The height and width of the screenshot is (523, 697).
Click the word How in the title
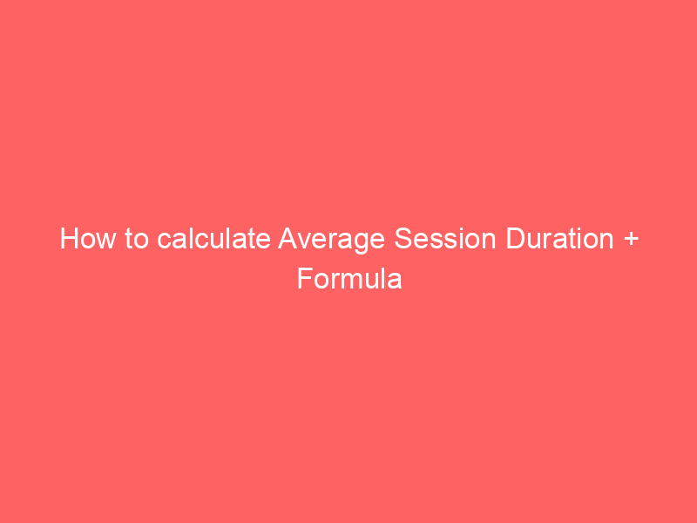click(89, 239)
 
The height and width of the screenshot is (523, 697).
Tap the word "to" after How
click(137, 239)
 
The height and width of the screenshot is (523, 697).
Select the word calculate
click(213, 238)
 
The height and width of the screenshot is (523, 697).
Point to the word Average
click(331, 241)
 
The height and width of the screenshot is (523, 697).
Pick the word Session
click(445, 239)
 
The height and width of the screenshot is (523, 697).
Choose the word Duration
click(560, 238)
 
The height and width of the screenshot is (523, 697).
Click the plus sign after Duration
click(631, 239)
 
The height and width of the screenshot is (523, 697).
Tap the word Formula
click(349, 279)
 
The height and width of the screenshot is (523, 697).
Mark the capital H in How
click(69, 238)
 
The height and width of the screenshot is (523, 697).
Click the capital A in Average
click(288, 238)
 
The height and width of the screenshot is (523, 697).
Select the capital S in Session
click(403, 238)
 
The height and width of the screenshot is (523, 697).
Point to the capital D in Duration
click(516, 238)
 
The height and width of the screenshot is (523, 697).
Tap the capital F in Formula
click(305, 279)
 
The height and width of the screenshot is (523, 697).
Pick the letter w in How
click(107, 241)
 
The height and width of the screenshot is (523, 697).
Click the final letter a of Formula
click(395, 282)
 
